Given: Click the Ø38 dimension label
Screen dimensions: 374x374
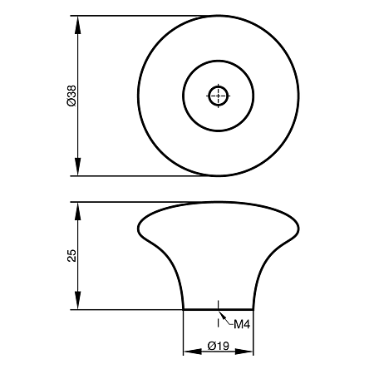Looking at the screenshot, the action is (71, 96).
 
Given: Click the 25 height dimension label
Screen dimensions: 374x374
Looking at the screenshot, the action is (71, 255).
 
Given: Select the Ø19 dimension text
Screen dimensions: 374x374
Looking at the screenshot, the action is (219, 346).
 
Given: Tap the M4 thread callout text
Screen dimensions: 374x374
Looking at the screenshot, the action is (242, 324).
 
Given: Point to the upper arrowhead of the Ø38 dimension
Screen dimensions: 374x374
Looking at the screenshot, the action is (78, 25).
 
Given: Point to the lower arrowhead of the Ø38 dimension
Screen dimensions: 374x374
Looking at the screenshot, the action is (78, 166).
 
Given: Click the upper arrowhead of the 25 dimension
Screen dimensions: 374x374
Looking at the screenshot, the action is (78, 211).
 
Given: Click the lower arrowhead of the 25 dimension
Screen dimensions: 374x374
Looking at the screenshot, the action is (78, 300).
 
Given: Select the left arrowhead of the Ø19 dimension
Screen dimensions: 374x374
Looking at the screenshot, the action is (193, 352).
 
